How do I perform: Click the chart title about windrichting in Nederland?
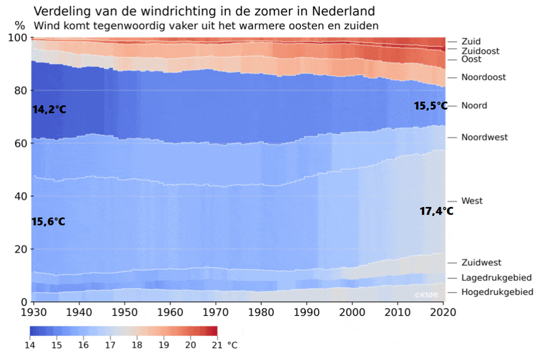[204, 11]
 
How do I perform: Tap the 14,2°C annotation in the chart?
[49, 109]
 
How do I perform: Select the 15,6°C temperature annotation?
[48, 222]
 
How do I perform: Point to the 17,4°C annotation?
[436, 211]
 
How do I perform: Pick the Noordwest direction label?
[484, 137]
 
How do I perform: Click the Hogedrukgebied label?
[497, 292]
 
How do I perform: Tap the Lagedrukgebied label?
[496, 277]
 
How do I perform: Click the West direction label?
[472, 201]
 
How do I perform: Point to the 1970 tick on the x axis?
[216, 312]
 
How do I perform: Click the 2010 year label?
[398, 312]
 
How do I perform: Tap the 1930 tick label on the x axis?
[34, 312]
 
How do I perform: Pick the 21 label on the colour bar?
[217, 345]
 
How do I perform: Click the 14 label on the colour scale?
[30, 345]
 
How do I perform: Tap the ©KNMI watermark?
[426, 295]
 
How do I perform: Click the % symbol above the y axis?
[20, 26]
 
